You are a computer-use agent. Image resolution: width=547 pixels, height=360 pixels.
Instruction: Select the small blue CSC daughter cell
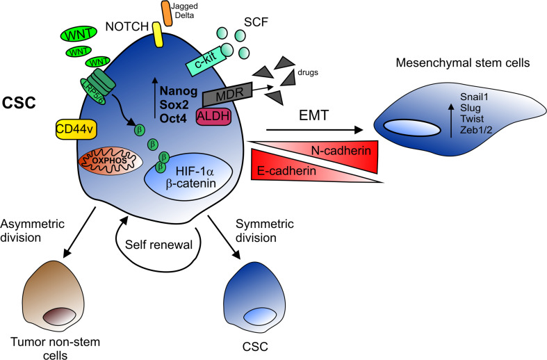(x=252, y=296)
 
